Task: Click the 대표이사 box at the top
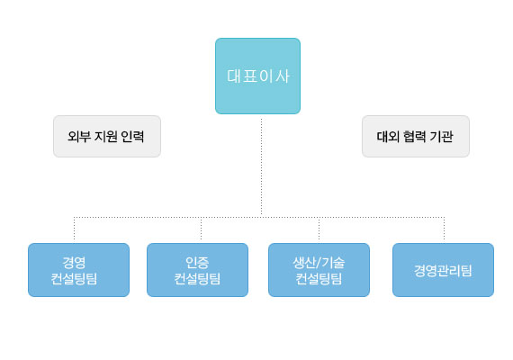[257, 76]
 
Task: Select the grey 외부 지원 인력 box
[107, 136]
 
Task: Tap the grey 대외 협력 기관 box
[416, 136]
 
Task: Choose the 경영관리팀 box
[443, 270]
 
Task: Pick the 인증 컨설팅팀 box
[197, 270]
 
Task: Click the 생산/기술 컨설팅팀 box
[319, 270]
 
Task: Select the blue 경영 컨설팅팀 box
[78, 270]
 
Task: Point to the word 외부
[79, 136]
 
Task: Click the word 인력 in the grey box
[132, 136]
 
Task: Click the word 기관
[442, 136]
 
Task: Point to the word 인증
[197, 262]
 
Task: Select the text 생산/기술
[319, 262]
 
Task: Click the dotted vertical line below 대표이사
[261, 166]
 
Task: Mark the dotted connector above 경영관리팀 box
[444, 229]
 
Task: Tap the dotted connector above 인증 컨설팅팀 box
[201, 229]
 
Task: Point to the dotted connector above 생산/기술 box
[319, 229]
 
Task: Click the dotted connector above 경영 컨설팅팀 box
[75, 229]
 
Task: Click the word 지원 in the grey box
[105, 136]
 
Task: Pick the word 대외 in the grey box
[388, 136]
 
